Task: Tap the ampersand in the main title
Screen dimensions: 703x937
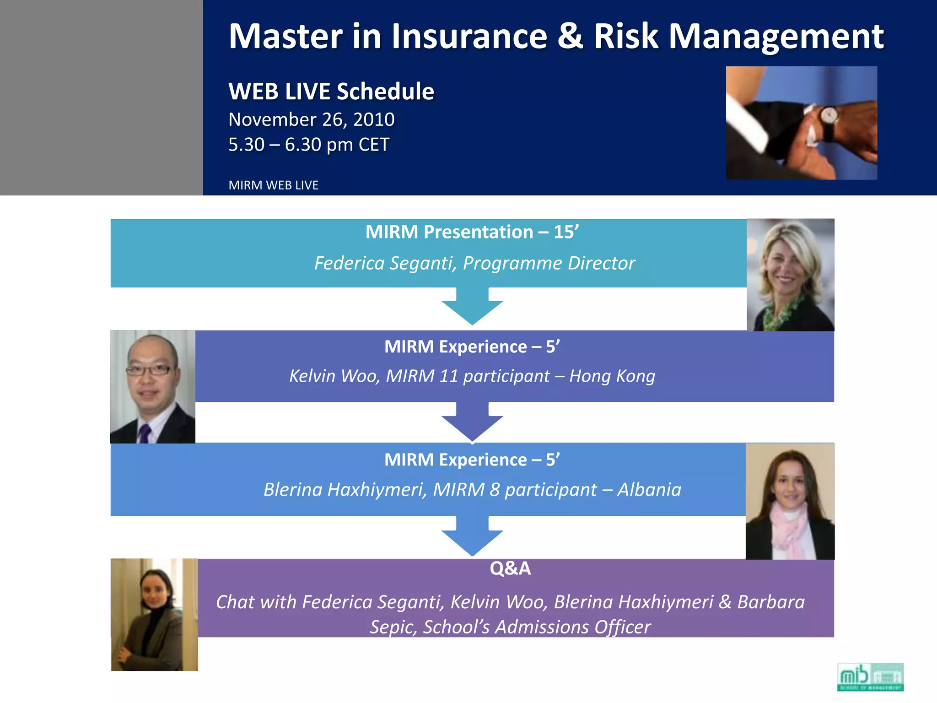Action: click(570, 37)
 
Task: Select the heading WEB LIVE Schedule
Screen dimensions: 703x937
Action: click(331, 91)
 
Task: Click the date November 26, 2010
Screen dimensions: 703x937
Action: click(311, 119)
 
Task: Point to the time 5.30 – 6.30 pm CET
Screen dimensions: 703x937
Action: click(308, 145)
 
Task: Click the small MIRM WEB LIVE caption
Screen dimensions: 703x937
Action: click(273, 185)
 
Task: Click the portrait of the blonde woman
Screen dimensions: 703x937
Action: click(790, 275)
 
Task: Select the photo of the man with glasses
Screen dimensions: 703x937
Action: click(153, 387)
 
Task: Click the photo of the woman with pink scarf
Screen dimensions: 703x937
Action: click(790, 501)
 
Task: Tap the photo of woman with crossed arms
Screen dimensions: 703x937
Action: click(155, 614)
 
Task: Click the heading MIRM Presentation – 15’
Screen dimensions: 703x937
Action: click(472, 232)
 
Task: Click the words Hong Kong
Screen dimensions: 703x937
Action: click(612, 376)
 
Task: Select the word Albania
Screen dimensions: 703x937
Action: click(649, 490)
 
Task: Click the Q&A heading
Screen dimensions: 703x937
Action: click(510, 568)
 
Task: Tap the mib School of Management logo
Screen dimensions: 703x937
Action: click(870, 676)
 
